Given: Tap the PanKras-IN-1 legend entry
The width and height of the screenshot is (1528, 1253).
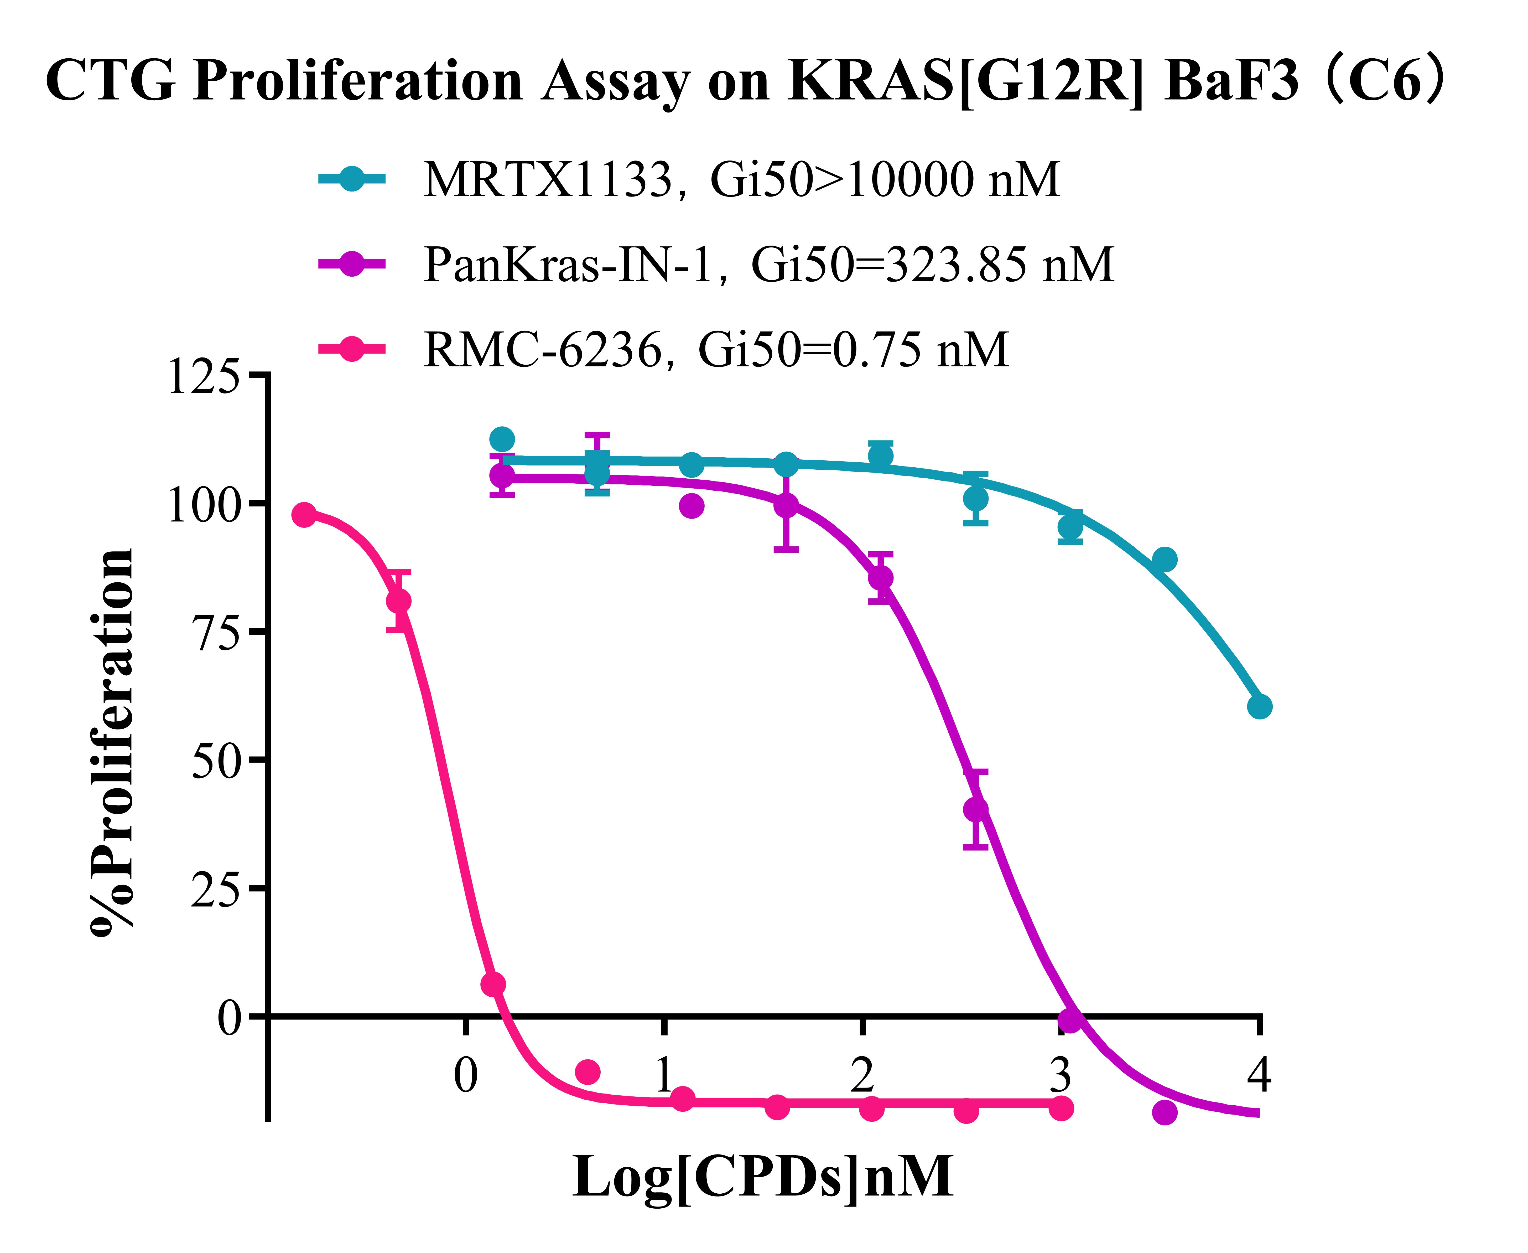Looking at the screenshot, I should [x=768, y=264].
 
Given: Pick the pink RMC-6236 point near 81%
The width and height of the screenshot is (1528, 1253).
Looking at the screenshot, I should [x=398, y=600].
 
